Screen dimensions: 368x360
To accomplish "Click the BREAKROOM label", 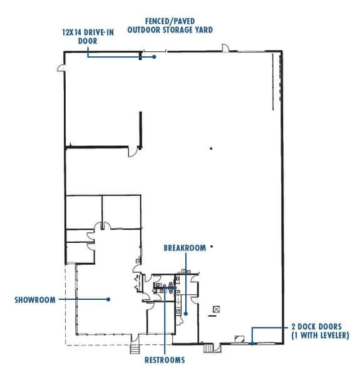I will click(x=185, y=248).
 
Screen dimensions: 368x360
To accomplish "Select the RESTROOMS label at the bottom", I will click(x=165, y=360).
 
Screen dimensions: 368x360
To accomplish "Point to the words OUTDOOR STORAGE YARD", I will click(x=169, y=29).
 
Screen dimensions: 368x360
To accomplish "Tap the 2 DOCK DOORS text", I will click(x=316, y=327).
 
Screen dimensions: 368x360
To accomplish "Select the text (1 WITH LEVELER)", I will click(x=319, y=336).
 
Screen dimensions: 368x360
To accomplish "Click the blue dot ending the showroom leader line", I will click(x=108, y=299).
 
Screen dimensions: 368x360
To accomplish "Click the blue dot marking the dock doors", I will click(x=252, y=343).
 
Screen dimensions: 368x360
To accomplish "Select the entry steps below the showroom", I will click(x=135, y=348).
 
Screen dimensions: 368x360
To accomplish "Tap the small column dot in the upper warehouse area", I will click(x=212, y=148).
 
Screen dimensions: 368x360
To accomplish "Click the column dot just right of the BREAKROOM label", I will click(x=212, y=247).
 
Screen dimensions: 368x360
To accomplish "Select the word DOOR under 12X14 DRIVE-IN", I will click(x=87, y=41).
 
